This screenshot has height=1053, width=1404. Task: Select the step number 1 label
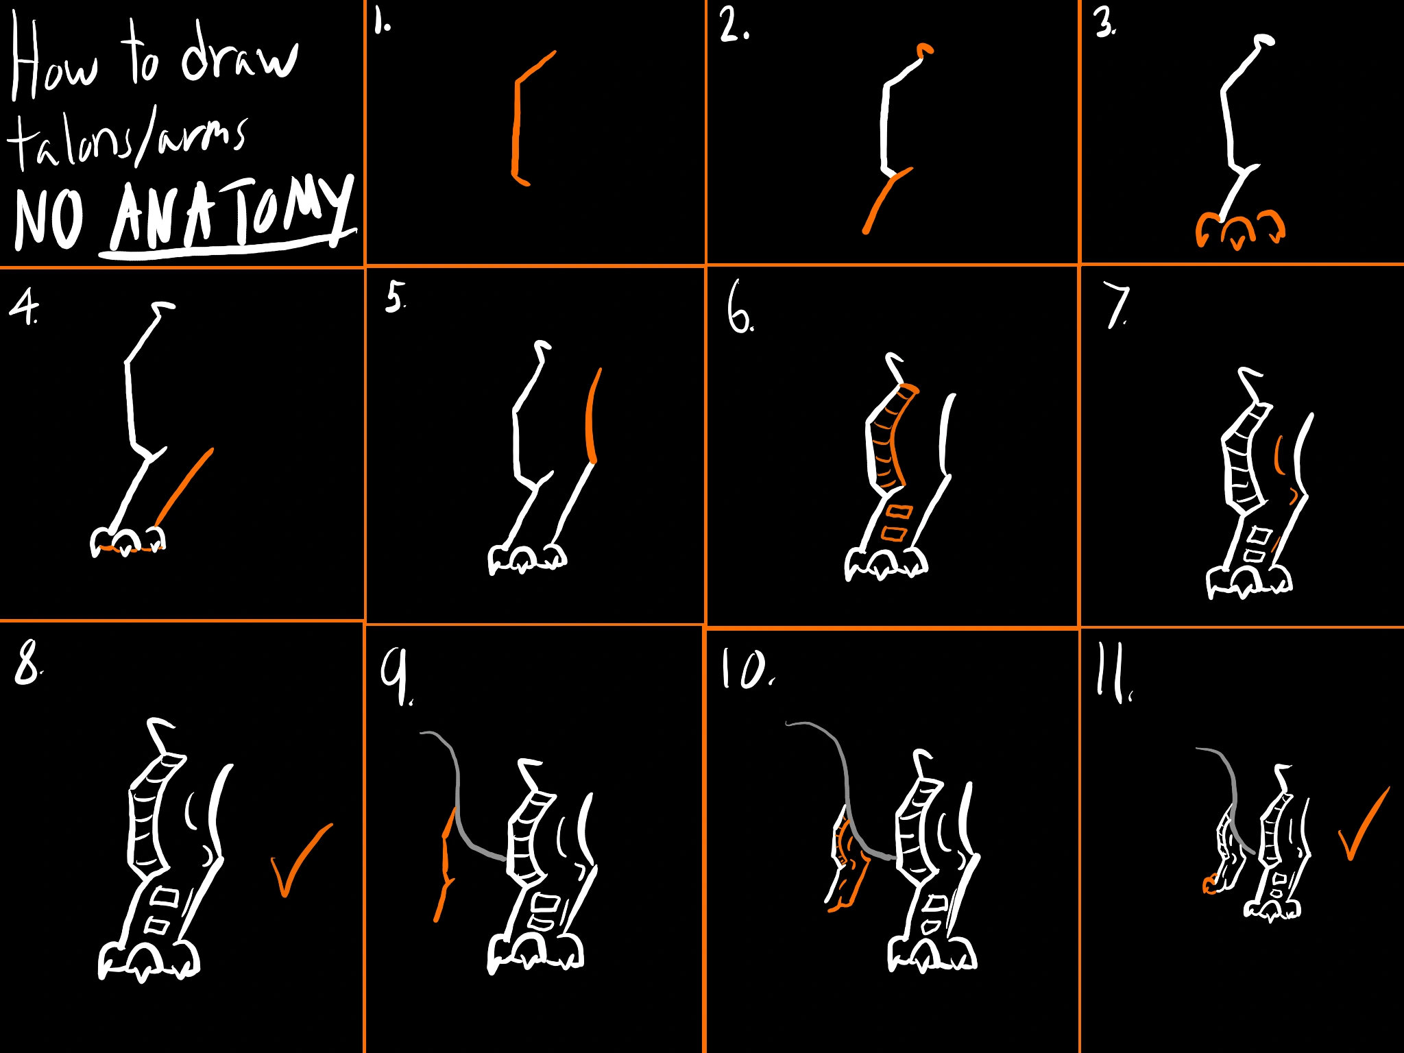[x=382, y=23]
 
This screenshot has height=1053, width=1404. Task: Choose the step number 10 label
[x=746, y=669]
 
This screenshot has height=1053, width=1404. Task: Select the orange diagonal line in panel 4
[x=184, y=487]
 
